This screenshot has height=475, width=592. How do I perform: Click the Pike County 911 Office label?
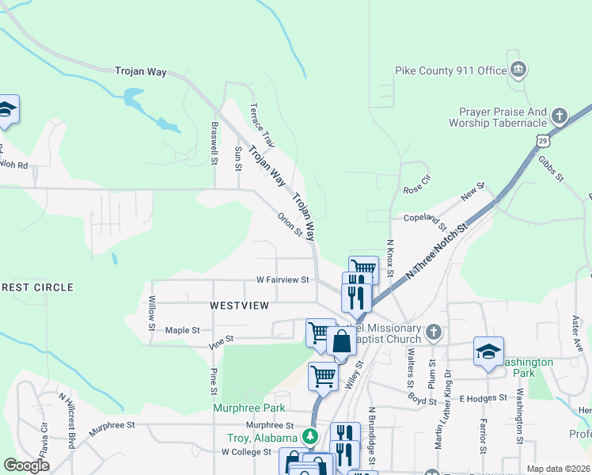[x=450, y=71]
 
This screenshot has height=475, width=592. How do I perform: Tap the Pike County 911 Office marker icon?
[x=518, y=70]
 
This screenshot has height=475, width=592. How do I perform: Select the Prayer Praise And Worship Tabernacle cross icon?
[x=560, y=117]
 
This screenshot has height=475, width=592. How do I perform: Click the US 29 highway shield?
[x=541, y=140]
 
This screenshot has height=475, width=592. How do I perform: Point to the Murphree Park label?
[x=249, y=408]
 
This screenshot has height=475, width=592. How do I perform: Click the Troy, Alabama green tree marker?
[x=311, y=436]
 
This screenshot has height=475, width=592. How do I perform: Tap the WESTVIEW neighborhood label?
[x=239, y=305]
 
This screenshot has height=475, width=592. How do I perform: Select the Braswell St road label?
[x=214, y=143]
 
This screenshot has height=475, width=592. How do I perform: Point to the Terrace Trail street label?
[x=262, y=126]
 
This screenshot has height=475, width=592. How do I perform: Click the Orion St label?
[x=290, y=224]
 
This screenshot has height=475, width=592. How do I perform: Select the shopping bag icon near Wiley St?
[x=342, y=342]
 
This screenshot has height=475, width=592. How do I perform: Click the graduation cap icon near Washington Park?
[x=488, y=351]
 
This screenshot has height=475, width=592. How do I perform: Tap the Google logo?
[x=26, y=465]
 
